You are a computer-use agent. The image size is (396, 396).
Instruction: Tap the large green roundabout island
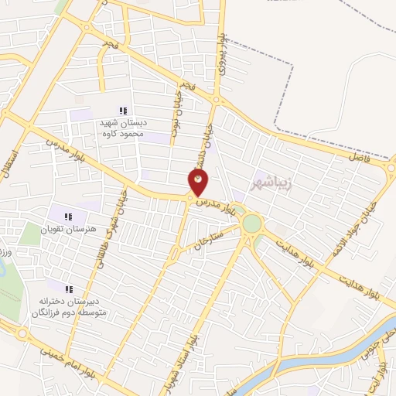[251, 224]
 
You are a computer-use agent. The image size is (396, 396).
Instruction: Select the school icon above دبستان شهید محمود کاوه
[122, 111]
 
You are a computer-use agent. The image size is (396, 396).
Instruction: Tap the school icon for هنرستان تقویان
[67, 217]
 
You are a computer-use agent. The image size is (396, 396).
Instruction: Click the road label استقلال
[11, 163]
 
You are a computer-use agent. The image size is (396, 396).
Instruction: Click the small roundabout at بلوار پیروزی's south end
[217, 99]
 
